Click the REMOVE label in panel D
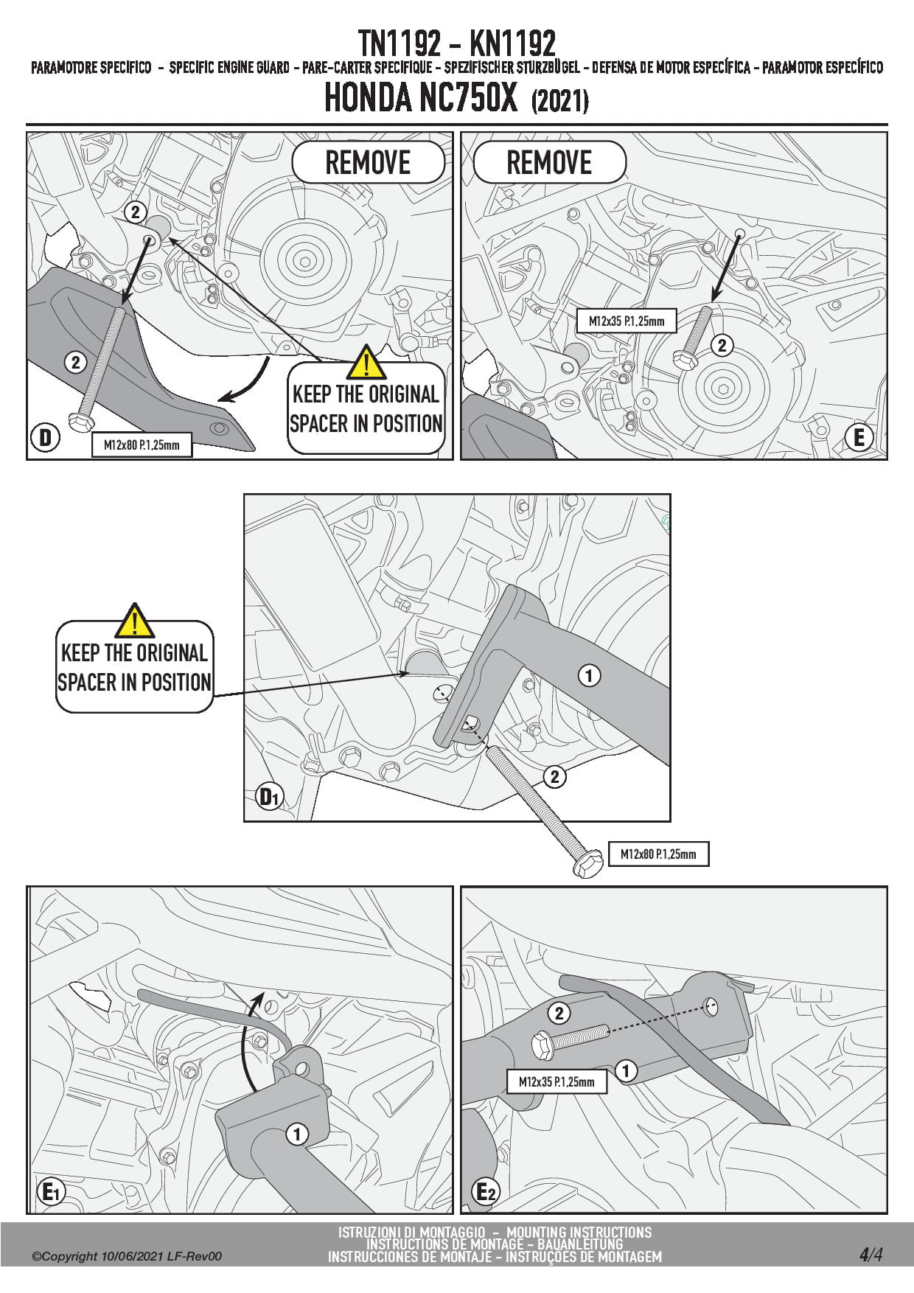368,163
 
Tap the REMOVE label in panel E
549,163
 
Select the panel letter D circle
45,437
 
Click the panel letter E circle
859,437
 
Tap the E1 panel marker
51,1191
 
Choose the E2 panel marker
485,1191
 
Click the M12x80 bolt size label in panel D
142,445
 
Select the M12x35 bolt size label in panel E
627,321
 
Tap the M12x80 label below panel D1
657,854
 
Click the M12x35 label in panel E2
557,1081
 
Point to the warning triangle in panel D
366,362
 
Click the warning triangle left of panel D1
134,621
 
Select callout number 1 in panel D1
588,675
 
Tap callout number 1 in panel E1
297,1134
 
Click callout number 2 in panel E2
559,1013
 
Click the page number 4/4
871,1254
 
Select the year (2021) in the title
559,101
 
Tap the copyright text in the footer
126,1256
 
